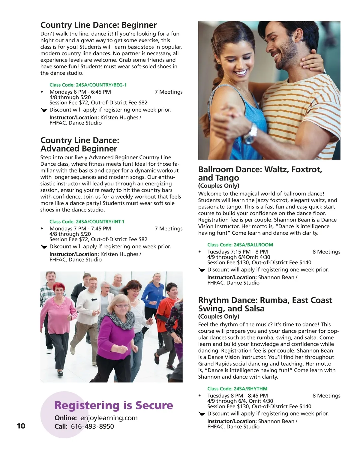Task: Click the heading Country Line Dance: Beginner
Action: (x=98, y=25)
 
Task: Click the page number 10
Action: (x=21, y=426)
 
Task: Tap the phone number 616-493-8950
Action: (x=92, y=426)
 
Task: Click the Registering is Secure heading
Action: (x=113, y=405)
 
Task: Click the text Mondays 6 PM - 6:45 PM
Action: (x=80, y=92)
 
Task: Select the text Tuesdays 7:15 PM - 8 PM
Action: (x=237, y=252)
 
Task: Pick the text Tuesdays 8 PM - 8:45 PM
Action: (x=237, y=396)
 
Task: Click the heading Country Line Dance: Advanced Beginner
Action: (x=79, y=144)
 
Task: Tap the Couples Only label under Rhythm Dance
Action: (x=218, y=316)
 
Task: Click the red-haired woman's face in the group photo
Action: (x=59, y=291)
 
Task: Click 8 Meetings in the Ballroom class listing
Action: (x=326, y=252)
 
